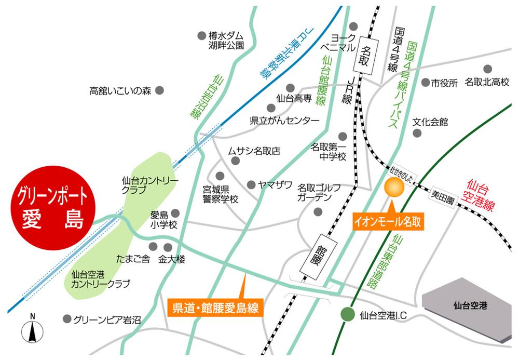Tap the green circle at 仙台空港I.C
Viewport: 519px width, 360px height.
point(346,314)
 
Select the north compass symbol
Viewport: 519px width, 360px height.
point(32,329)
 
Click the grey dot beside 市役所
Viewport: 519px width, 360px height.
point(425,82)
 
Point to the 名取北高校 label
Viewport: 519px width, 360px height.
point(487,82)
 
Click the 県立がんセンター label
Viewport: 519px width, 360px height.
point(284,121)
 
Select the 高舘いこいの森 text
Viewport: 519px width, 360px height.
point(120,91)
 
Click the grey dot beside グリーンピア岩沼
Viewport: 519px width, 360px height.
point(66,318)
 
